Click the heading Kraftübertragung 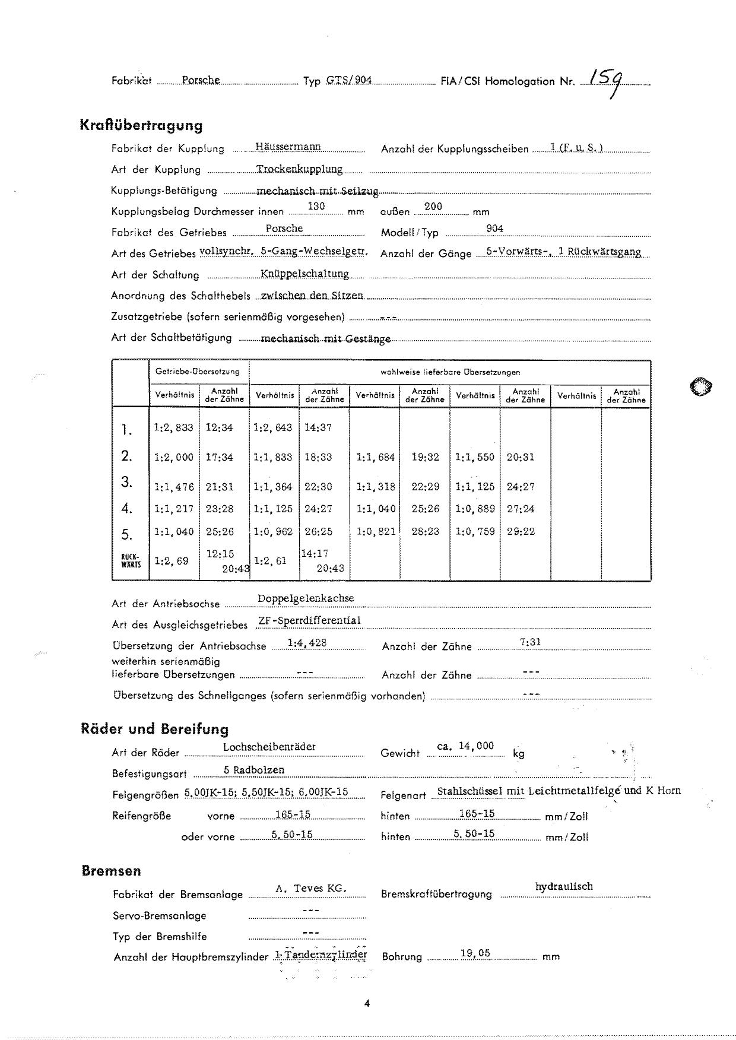click(141, 125)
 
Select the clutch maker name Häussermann click(288, 146)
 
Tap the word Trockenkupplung click(300, 169)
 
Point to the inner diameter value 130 click(316, 206)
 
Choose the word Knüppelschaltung click(304, 273)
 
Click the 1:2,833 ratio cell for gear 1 click(173, 427)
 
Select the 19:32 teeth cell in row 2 click(425, 457)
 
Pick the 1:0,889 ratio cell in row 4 click(475, 509)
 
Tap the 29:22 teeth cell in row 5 click(521, 531)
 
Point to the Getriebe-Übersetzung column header click(198, 372)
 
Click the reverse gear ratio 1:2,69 click(172, 561)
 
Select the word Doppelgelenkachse click(306, 598)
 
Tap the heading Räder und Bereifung click(154, 729)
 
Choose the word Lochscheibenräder click(269, 747)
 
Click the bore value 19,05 click(475, 953)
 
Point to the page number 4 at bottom click(367, 1004)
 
